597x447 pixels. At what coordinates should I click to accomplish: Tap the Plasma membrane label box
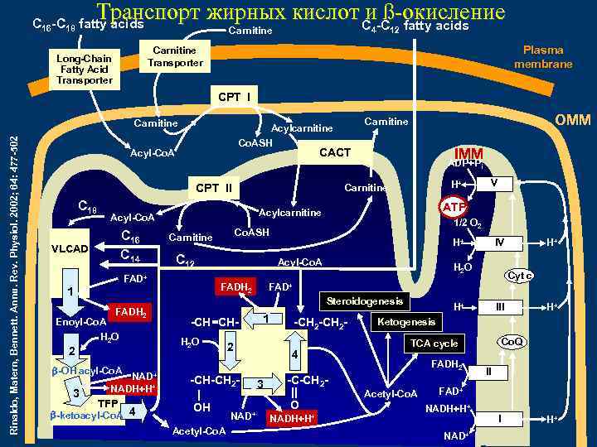(x=543, y=57)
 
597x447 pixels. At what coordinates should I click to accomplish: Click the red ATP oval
(x=454, y=206)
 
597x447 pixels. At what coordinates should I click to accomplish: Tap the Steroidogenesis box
(x=364, y=300)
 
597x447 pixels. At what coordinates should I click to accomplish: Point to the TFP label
(x=108, y=402)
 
